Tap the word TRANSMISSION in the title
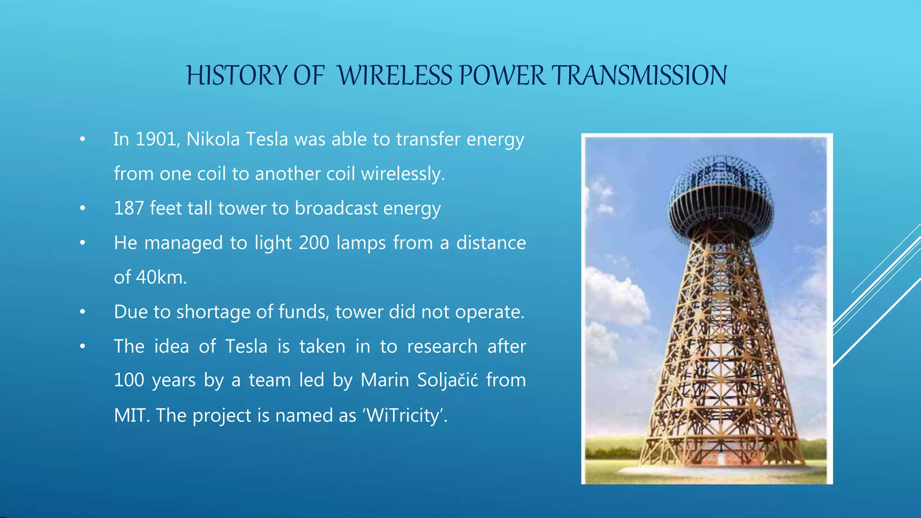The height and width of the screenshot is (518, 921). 639,75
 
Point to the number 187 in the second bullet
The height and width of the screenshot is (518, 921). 129,208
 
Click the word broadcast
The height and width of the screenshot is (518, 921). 336,208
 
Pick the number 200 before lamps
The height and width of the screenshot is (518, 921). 314,243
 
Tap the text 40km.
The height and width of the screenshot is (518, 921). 161,277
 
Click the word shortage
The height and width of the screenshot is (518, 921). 213,312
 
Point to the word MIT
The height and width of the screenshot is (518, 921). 131,415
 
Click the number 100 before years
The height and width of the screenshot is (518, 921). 129,380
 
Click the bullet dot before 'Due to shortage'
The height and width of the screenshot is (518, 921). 82,312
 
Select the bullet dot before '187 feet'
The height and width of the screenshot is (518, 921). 82,208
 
